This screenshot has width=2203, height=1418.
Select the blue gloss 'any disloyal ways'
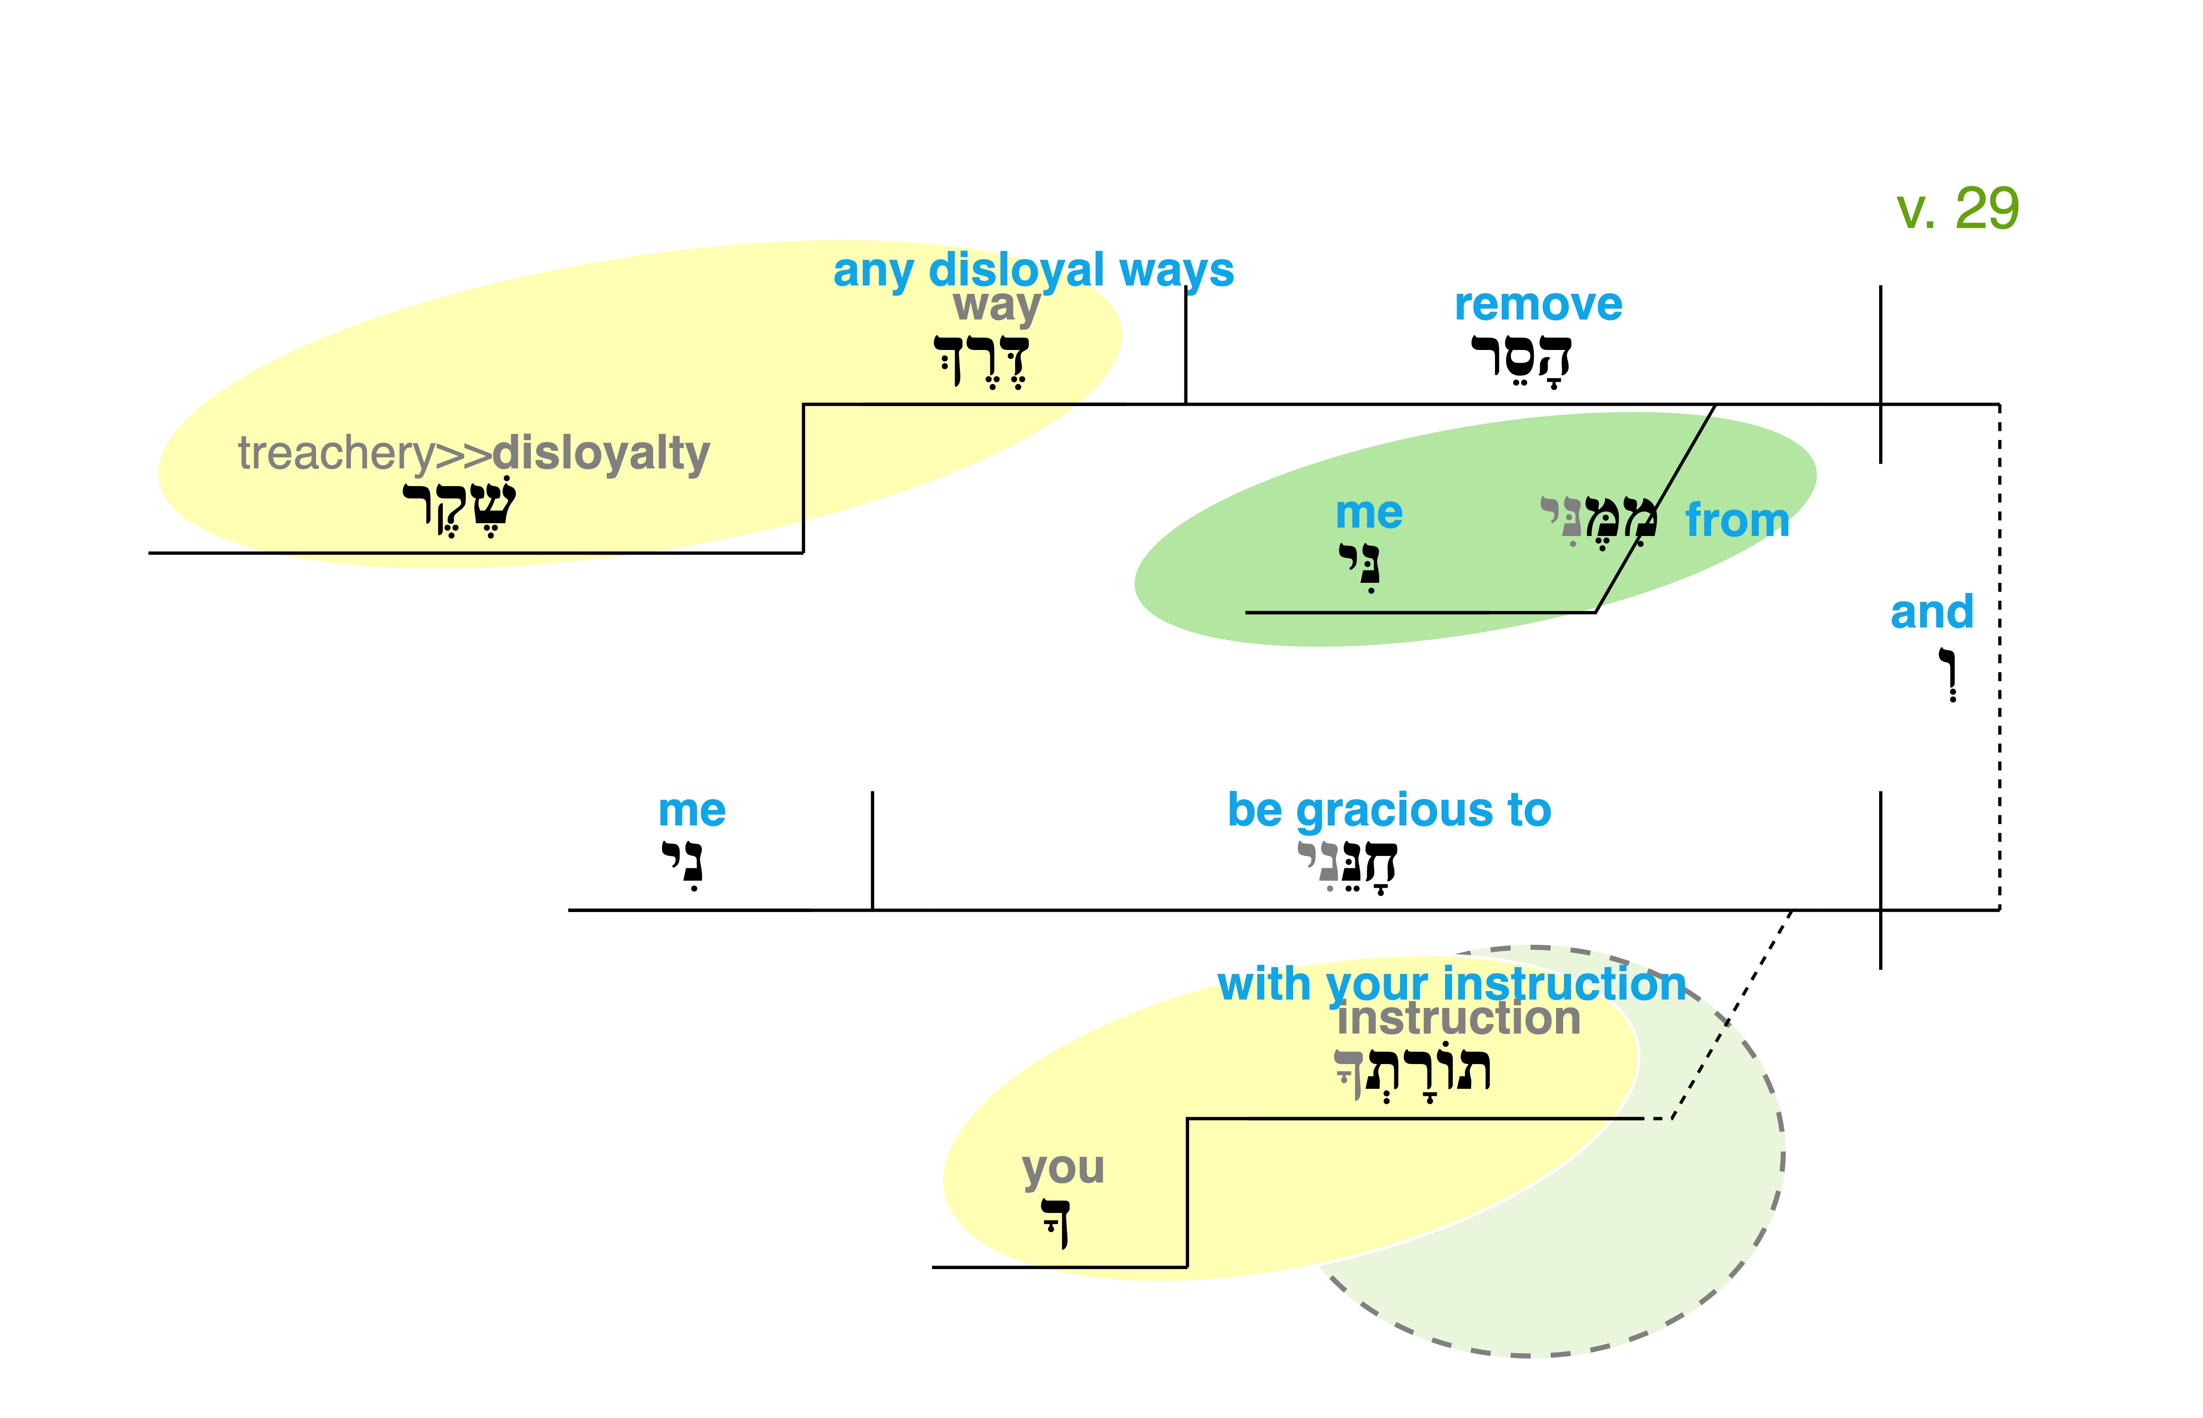(x=1033, y=271)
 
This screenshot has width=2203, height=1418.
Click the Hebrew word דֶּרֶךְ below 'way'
(x=982, y=361)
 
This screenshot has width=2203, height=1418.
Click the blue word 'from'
(x=1737, y=521)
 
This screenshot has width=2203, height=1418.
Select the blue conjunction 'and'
(x=1931, y=612)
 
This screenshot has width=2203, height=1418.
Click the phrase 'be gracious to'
(x=1389, y=810)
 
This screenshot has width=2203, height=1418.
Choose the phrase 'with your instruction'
(x=1451, y=985)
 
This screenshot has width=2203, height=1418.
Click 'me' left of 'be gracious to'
(x=691, y=811)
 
